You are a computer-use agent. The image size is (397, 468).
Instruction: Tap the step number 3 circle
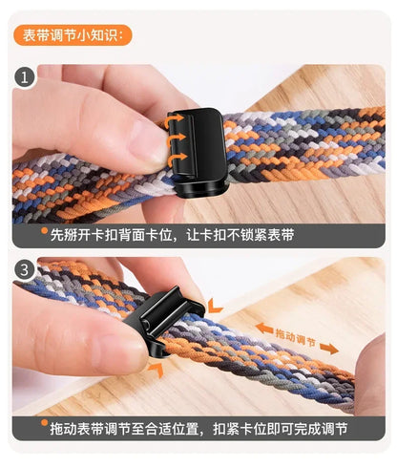tap(25, 271)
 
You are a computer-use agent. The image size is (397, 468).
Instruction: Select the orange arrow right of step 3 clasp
tap(216, 306)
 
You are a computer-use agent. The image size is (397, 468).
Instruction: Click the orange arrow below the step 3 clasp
tap(156, 364)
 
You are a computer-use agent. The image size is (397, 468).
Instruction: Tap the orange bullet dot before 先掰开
tap(44, 232)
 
